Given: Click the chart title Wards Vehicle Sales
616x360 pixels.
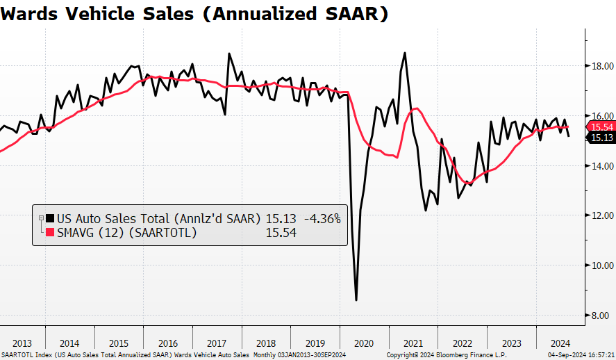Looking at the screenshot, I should [194, 14].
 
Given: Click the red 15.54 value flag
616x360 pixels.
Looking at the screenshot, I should [601, 126].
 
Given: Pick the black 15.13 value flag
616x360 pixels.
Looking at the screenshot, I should [601, 138].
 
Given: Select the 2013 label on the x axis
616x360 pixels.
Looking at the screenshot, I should [22, 343].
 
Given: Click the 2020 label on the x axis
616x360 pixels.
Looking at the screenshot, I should [364, 343].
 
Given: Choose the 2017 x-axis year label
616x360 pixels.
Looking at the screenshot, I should [217, 343].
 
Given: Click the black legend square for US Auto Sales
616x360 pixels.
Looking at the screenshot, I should [49, 218].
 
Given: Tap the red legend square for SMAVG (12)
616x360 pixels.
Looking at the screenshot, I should [49, 233].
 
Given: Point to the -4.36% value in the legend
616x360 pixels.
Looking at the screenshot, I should [321, 218].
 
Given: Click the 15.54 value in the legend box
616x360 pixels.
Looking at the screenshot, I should [281, 233].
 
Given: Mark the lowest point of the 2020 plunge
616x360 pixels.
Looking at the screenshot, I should [356, 300].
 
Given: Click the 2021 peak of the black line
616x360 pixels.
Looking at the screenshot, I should [405, 53].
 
